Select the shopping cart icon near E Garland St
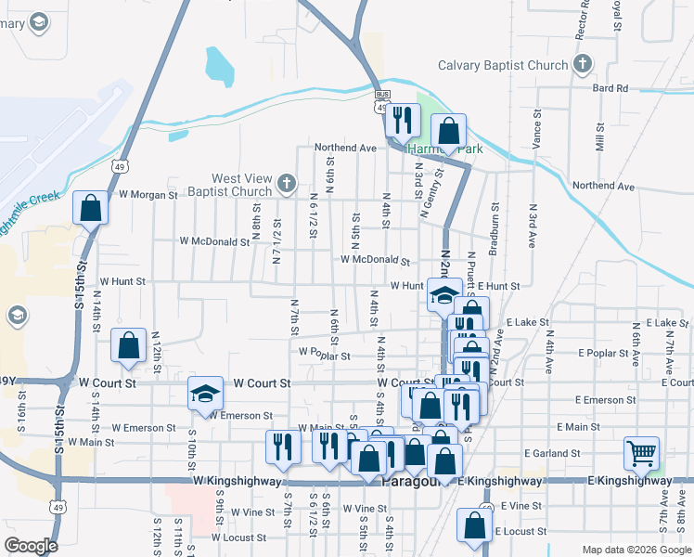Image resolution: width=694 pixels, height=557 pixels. pos(641,454)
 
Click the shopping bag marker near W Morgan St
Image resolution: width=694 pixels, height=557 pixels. pos(91,207)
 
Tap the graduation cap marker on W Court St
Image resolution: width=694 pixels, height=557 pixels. pos(205,394)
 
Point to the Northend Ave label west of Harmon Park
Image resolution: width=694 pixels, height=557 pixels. pos(345,148)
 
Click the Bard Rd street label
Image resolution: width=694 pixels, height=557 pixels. pos(610,88)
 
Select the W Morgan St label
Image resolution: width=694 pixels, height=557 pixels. pos(148,195)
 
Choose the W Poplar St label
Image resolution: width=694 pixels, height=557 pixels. pos(324,354)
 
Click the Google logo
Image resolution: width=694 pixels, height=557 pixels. pos(31,545)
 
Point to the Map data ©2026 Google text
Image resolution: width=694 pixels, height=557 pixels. pos(636,550)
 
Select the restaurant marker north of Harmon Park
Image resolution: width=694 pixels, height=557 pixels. pos(403,120)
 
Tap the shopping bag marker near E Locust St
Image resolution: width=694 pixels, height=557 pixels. pos(475,525)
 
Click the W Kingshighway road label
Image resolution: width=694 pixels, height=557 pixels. pos(237,481)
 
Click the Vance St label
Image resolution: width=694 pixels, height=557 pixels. pos(536,129)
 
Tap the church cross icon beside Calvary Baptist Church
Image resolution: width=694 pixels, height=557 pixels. pos(582,64)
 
